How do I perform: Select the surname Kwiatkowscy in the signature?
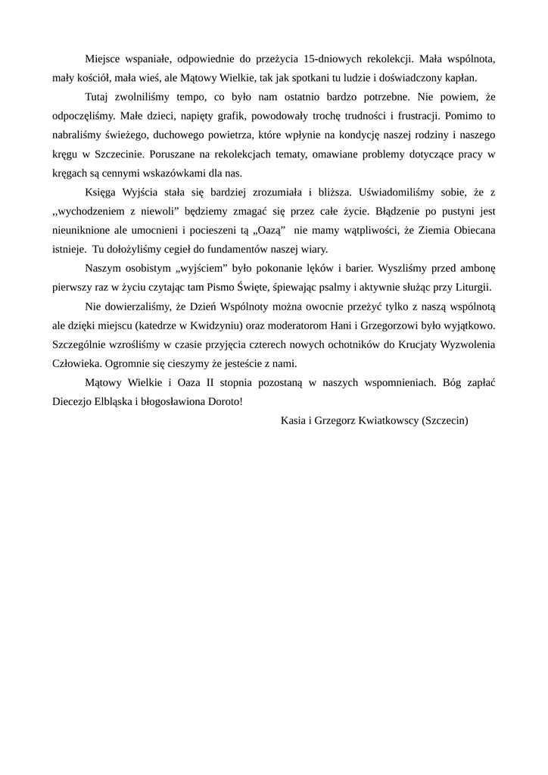382,420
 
